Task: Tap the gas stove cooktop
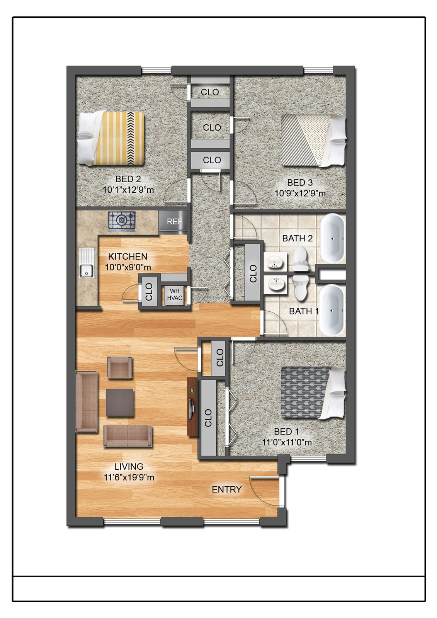click(x=122, y=221)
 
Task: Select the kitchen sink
click(x=87, y=263)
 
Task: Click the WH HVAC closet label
click(x=175, y=295)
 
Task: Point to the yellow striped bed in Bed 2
click(x=112, y=138)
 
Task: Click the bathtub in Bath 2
click(x=333, y=238)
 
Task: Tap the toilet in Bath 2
click(x=300, y=259)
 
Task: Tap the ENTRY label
click(x=226, y=489)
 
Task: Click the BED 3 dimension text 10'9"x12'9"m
click(x=300, y=193)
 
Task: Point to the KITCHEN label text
click(x=128, y=256)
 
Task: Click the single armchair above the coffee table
click(x=119, y=367)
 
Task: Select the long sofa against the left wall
click(x=87, y=401)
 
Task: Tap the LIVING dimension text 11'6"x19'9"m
click(x=129, y=477)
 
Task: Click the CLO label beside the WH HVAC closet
click(x=149, y=292)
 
